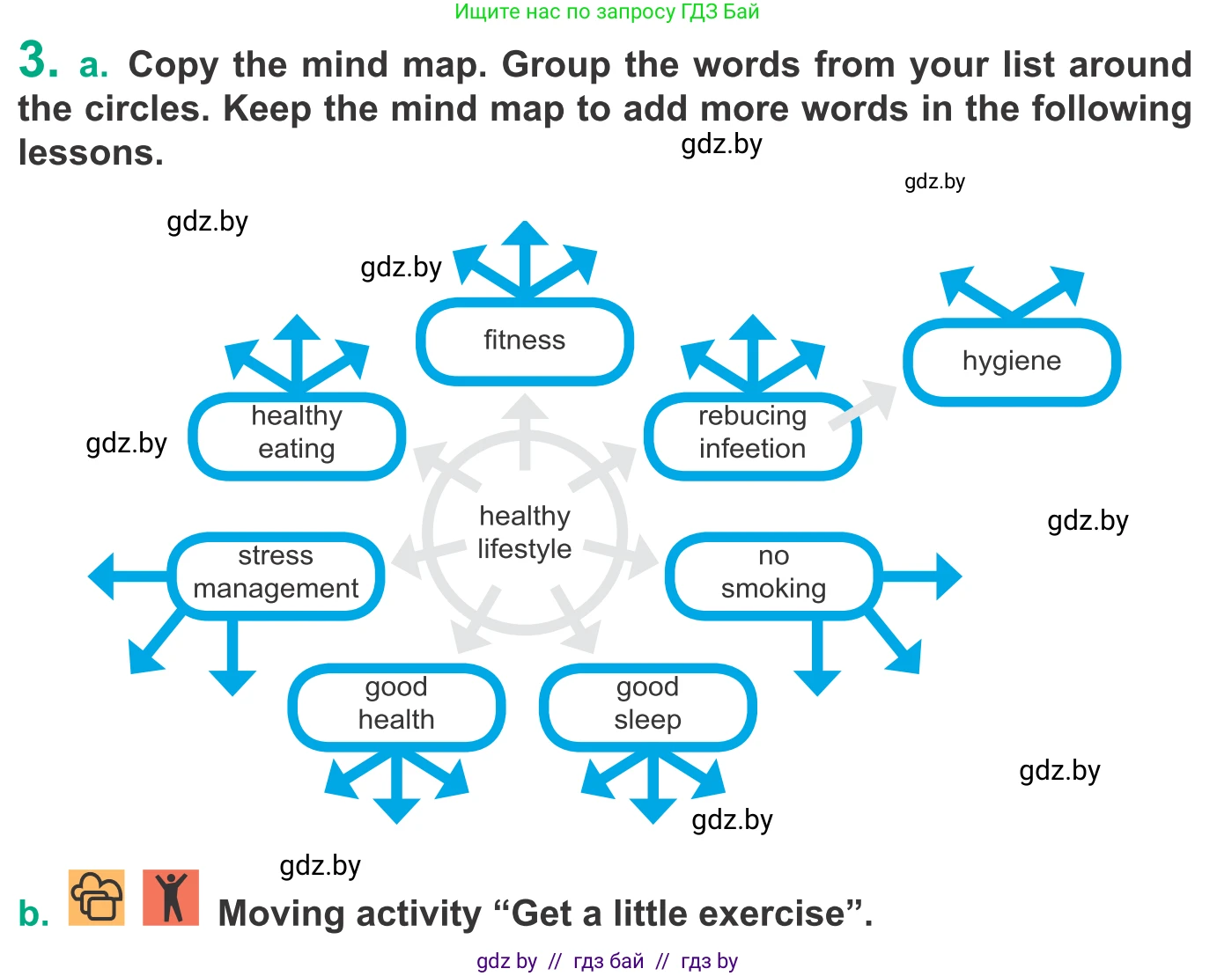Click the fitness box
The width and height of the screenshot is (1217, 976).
(x=524, y=341)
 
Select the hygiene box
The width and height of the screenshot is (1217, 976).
(x=1011, y=362)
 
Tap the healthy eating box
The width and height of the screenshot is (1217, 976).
(x=297, y=434)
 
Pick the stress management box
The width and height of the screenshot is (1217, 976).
(x=276, y=574)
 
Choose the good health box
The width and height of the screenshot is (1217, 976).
(x=396, y=705)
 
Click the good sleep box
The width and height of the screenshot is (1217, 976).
(x=647, y=705)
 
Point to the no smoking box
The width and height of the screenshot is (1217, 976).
(x=772, y=574)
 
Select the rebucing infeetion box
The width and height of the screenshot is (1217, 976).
(x=752, y=434)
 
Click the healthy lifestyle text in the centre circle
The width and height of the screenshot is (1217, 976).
(x=524, y=532)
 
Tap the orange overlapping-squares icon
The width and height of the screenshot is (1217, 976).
(x=97, y=897)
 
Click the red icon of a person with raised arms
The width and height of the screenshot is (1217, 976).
(x=171, y=897)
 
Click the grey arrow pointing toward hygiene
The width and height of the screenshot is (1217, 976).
(x=864, y=406)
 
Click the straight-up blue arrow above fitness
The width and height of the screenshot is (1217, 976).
(x=525, y=255)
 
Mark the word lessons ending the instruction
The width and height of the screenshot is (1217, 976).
(x=91, y=153)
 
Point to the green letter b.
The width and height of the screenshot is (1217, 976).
(x=33, y=914)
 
